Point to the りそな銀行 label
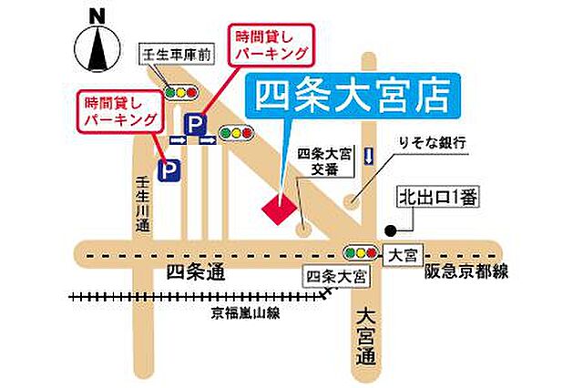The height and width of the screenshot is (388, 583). click(x=432, y=144)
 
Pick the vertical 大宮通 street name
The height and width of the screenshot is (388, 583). click(x=365, y=336)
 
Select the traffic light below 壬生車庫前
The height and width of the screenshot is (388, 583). click(x=182, y=92)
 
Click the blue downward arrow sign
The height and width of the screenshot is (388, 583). click(x=368, y=156)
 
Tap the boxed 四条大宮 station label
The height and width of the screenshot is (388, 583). click(x=336, y=274)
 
